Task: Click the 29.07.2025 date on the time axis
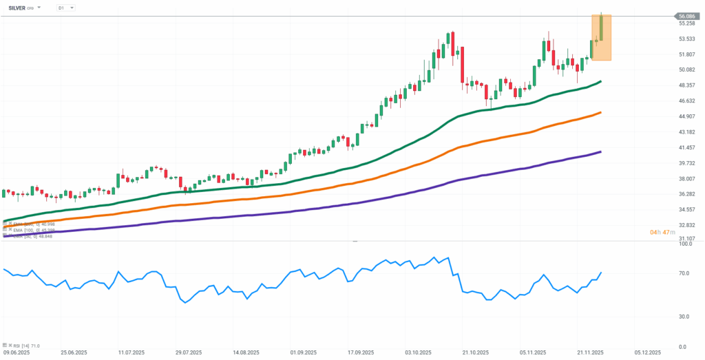coord(189,352)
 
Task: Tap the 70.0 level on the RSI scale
coord(685,273)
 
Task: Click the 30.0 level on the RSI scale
coord(685,317)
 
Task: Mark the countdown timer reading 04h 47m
coord(662,232)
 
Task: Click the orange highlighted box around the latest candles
coord(601,38)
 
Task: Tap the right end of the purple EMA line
coord(601,151)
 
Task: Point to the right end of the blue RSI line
coord(601,273)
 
